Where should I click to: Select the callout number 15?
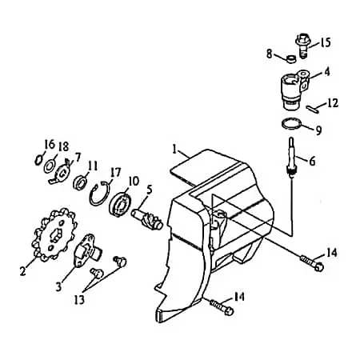[x=325, y=42]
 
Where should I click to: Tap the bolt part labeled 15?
[x=302, y=46]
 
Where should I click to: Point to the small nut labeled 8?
[x=291, y=59]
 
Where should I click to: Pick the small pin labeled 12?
[x=312, y=110]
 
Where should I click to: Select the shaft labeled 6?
[x=291, y=156]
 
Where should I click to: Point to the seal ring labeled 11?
[x=80, y=182]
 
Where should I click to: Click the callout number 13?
[x=79, y=299]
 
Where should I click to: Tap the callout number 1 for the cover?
[x=174, y=149]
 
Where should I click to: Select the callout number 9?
[x=318, y=130]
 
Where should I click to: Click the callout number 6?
[x=312, y=161]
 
